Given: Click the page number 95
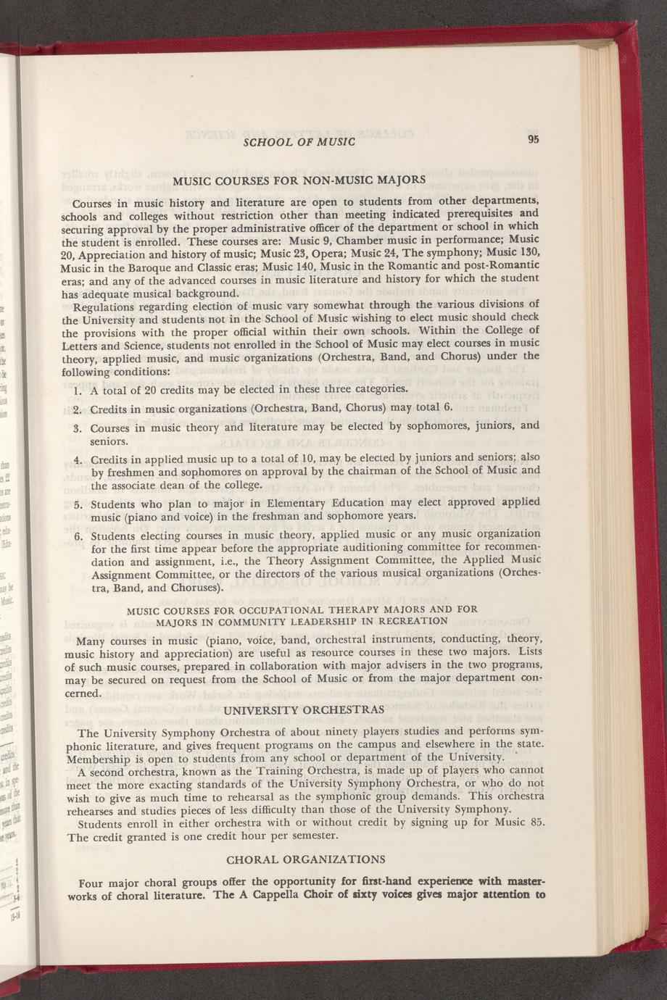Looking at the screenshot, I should (534, 138).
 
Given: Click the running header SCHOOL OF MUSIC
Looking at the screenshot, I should (298, 141).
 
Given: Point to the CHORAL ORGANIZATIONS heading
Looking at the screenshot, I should (306, 859).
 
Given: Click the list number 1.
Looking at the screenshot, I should (77, 391).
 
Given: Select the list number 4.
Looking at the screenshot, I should (77, 460).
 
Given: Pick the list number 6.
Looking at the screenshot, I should (77, 537).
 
